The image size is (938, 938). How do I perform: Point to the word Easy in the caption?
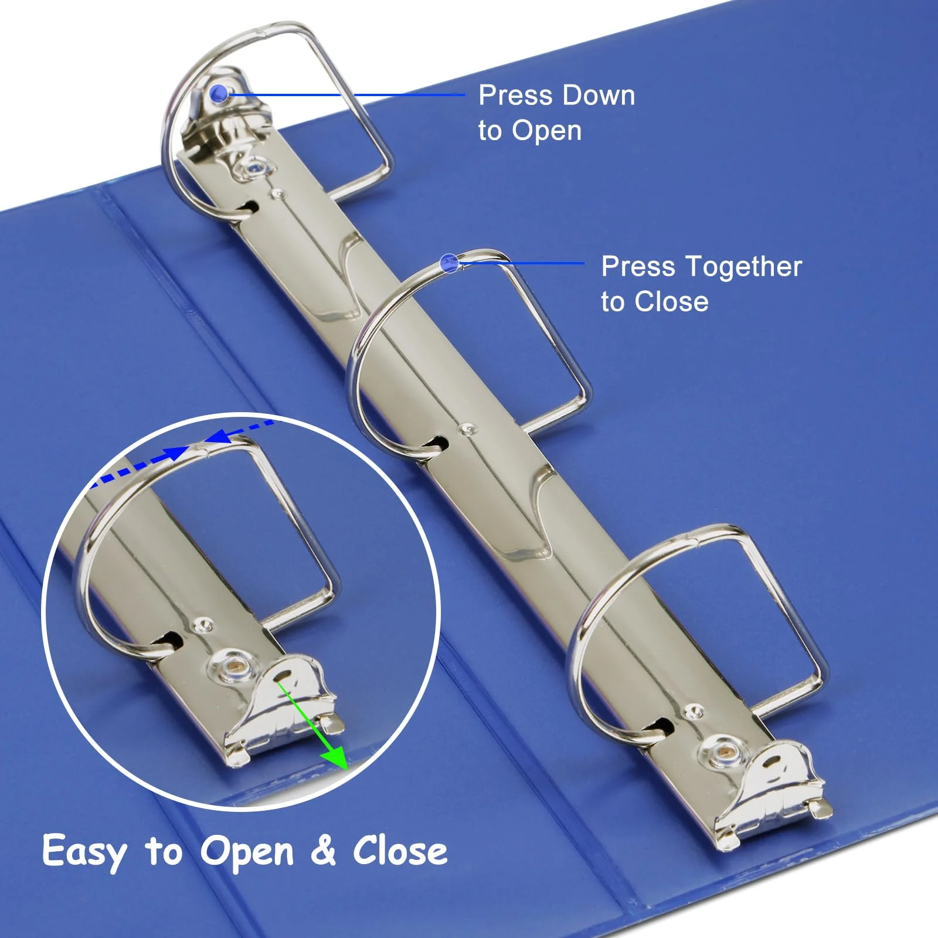click(84, 852)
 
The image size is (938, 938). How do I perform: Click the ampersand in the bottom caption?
click(323, 850)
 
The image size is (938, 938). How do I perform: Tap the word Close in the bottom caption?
click(400, 850)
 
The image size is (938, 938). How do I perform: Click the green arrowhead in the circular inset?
click(335, 756)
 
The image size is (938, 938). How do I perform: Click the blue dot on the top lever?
click(219, 93)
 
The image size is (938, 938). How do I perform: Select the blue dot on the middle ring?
click(449, 263)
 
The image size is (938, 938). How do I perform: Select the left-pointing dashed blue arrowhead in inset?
click(219, 437)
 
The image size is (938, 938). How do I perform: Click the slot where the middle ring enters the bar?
click(437, 444)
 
